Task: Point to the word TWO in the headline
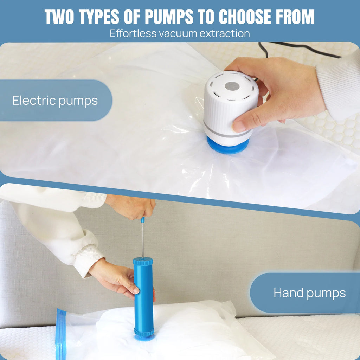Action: point(59,17)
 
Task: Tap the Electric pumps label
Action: point(55,101)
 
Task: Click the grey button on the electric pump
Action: point(232,86)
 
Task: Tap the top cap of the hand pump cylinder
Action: point(143,261)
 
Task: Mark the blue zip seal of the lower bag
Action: point(61,334)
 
